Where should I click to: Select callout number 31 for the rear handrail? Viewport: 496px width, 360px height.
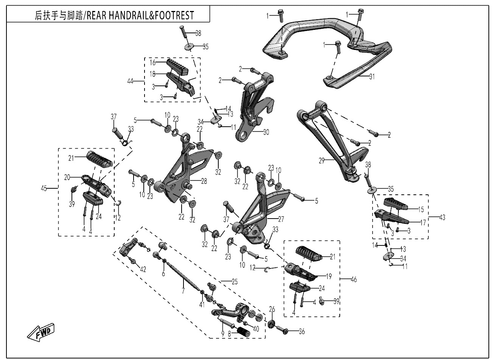pos(372,77)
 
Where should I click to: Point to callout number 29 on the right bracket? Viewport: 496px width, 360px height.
pos(322,161)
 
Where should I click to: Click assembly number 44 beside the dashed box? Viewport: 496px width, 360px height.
pos(131,81)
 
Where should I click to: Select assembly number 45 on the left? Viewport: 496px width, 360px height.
pos(44,188)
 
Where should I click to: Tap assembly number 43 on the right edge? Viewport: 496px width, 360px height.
pos(442,217)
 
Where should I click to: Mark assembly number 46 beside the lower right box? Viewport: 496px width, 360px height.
pos(353,279)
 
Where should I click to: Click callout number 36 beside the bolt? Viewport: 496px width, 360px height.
pos(302,332)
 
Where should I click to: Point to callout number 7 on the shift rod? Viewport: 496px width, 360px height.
pos(183,291)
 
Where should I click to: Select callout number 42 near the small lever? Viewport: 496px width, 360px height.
pos(143,270)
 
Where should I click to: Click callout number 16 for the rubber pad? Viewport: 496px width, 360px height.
pos(152,62)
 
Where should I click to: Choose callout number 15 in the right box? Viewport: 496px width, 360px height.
pos(421,209)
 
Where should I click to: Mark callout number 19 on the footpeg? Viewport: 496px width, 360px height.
pos(329,276)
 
